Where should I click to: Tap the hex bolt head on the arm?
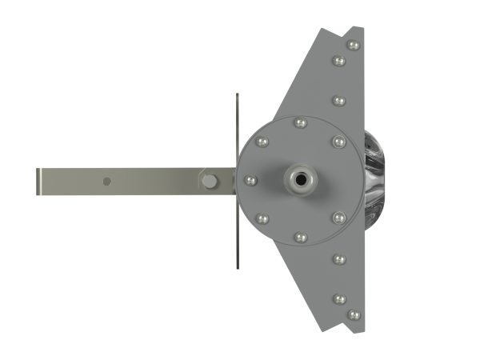[x=210, y=181]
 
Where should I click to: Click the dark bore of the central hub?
[x=301, y=180]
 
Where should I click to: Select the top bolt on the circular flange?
[x=301, y=122]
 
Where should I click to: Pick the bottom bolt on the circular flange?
[x=301, y=237]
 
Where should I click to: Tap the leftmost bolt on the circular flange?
[x=250, y=180]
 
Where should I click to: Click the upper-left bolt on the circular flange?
[x=262, y=142]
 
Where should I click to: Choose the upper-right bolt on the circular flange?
[x=338, y=142]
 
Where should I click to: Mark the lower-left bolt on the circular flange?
[x=262, y=218]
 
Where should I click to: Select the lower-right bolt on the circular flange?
[x=338, y=218]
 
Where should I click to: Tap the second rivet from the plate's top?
[x=339, y=61]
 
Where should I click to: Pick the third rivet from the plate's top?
[x=338, y=101]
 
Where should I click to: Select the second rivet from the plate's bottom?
[x=339, y=298]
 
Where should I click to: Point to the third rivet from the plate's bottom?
[x=338, y=258]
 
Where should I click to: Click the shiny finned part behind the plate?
[x=375, y=180]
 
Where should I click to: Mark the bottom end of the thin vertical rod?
[x=237, y=267]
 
